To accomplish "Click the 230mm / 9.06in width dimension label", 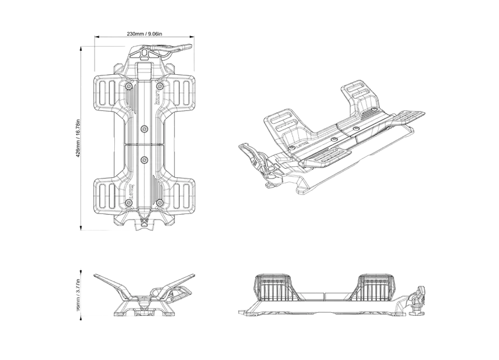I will tap(144, 34).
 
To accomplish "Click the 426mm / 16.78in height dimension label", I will tap(77, 139).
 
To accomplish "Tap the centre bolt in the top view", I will tap(144, 129).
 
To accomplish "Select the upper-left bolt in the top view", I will tap(128, 87).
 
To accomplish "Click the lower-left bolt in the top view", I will tap(128, 202).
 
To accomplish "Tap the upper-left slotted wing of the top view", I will tap(106, 93).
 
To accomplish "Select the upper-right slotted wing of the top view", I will tap(182, 93).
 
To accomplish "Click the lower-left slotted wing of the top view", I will tap(106, 194).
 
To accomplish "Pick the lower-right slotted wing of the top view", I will tap(182, 194).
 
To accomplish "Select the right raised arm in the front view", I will tap(177, 283).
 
